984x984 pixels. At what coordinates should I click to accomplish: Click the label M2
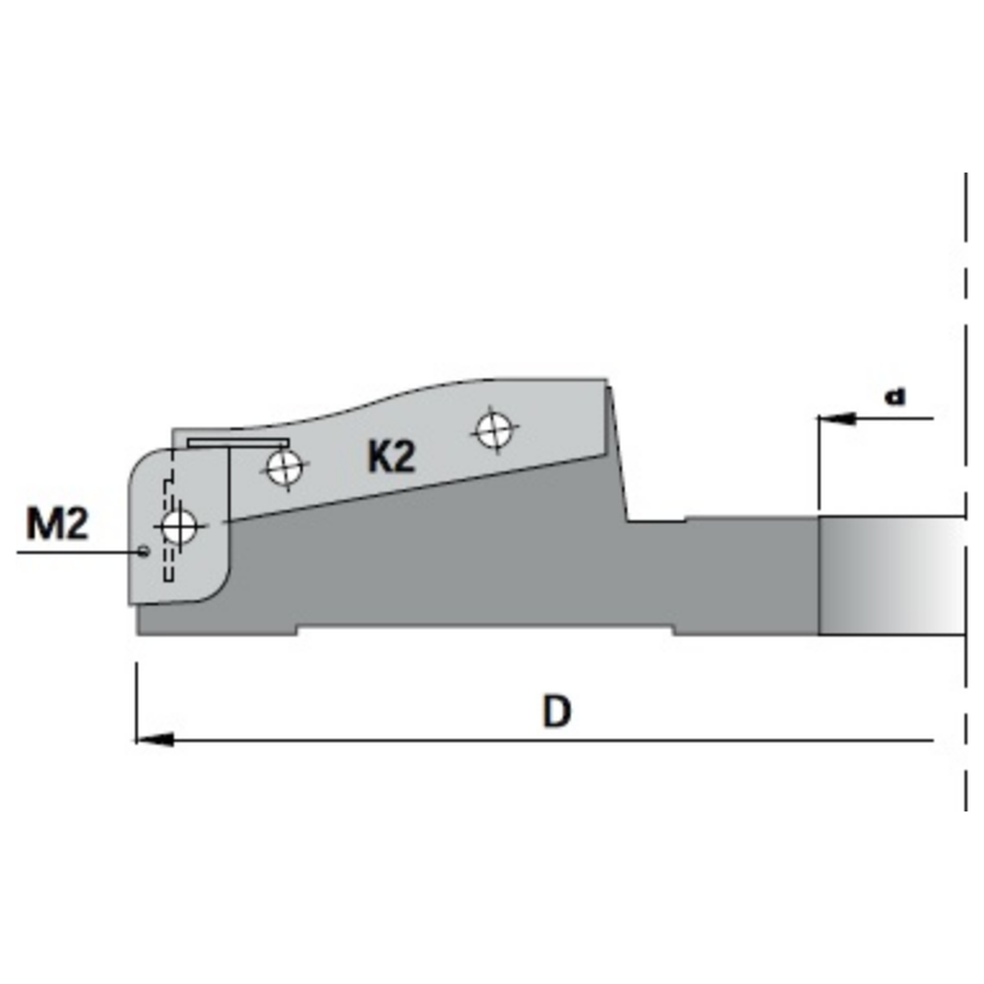click(x=57, y=524)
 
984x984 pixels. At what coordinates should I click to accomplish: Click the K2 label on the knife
click(x=391, y=458)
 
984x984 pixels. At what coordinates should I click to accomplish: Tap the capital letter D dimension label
click(x=557, y=711)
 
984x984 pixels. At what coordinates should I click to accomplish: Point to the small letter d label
click(x=894, y=397)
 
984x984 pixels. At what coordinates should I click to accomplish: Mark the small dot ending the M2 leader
click(x=145, y=551)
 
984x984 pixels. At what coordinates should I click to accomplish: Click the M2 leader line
click(x=79, y=552)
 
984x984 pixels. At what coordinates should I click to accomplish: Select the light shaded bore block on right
click(x=886, y=576)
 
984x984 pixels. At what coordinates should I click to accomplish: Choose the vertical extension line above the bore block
click(x=819, y=467)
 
